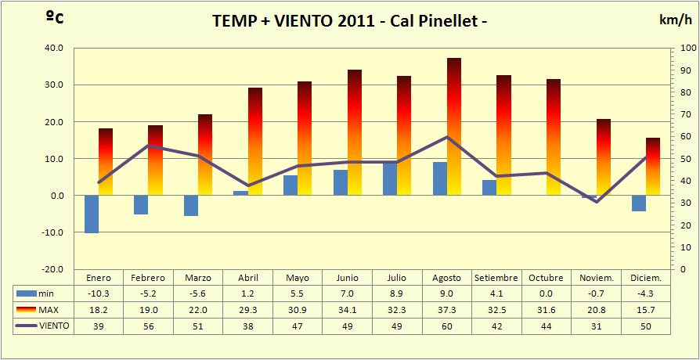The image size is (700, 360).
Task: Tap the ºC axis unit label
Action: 55,18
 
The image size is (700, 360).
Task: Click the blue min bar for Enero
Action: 92,214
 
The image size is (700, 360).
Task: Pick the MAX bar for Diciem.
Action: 653,166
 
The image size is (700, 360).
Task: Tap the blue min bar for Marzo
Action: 191,205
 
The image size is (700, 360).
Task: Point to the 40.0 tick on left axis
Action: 52,48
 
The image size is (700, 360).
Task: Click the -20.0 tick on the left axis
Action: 52,269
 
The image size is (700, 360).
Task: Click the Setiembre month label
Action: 496,278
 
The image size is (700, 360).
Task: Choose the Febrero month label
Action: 148,278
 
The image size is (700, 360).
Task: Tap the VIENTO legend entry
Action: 44,325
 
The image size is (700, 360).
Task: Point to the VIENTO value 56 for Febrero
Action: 148,325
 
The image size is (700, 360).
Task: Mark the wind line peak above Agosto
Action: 446,137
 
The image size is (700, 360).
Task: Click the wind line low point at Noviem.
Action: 596,201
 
